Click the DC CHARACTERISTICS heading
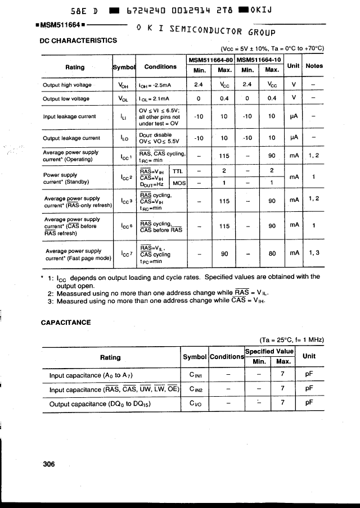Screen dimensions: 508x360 78,40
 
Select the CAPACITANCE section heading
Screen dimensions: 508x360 66,323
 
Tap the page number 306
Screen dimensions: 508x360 49,464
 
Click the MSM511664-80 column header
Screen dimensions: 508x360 210,60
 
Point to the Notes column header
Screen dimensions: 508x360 314,66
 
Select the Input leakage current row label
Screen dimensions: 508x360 69,117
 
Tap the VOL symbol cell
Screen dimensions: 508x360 124,98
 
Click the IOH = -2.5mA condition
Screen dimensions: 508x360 156,85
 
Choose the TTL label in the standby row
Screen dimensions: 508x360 178,171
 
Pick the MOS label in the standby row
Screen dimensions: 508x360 179,183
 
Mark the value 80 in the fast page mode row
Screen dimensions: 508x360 272,253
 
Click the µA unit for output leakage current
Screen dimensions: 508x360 293,138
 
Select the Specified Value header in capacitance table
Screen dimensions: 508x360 269,351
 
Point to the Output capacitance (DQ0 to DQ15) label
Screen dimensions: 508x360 101,403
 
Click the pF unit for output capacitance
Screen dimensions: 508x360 309,403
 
